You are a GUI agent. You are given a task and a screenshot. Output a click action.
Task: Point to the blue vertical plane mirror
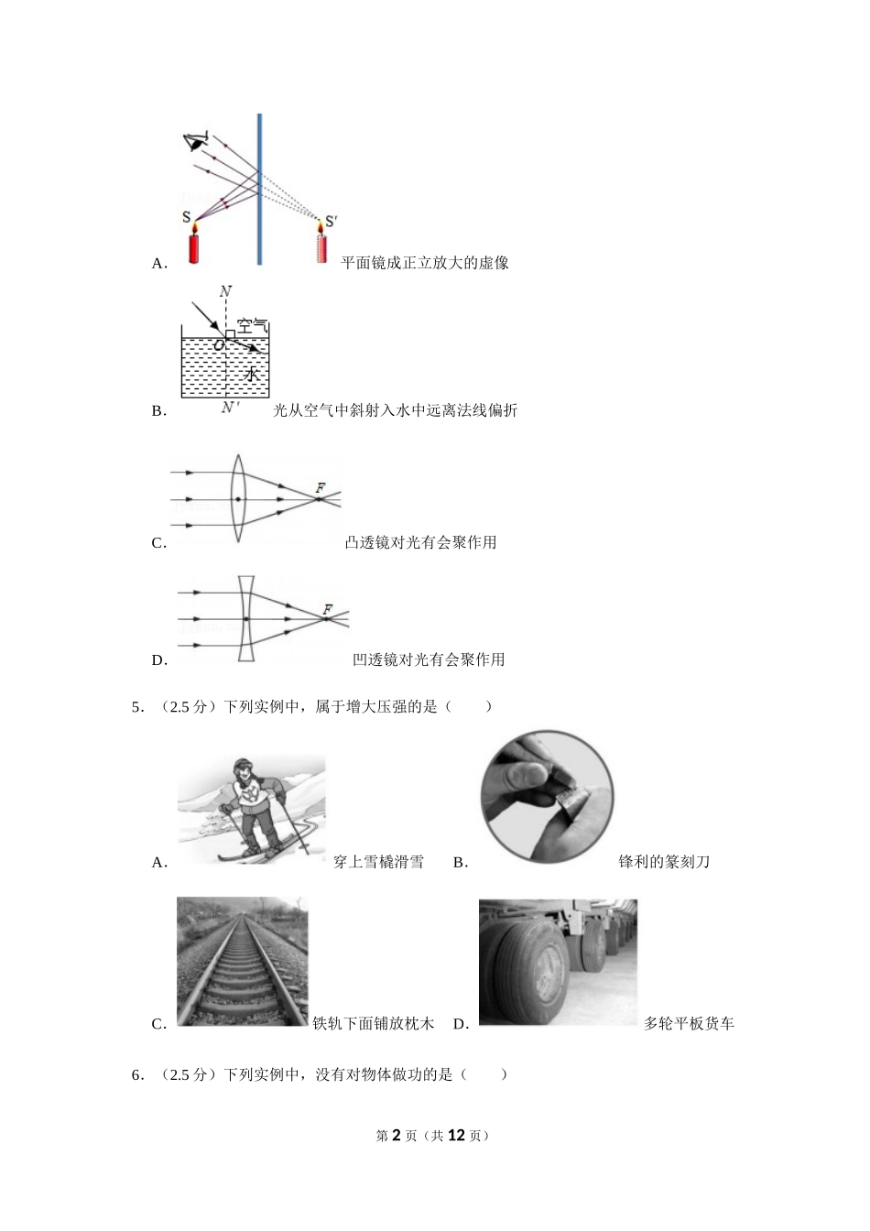pos(259,189)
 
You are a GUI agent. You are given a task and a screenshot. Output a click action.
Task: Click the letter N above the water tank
pos(225,290)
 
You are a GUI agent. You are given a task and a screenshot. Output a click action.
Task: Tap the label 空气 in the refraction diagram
pos(252,326)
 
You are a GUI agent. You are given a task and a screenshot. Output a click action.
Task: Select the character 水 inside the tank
pos(251,375)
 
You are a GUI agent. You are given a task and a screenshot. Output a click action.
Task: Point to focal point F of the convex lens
pos(320,499)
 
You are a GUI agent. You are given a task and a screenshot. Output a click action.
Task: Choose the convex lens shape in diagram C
pos(237,498)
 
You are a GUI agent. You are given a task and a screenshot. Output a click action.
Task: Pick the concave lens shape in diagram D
pos(246,619)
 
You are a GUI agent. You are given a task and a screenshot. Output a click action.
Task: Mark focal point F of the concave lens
pos(326,619)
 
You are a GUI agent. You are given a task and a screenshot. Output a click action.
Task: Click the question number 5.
pos(137,707)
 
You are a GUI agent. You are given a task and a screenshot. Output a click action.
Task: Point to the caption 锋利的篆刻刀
pos(664,862)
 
